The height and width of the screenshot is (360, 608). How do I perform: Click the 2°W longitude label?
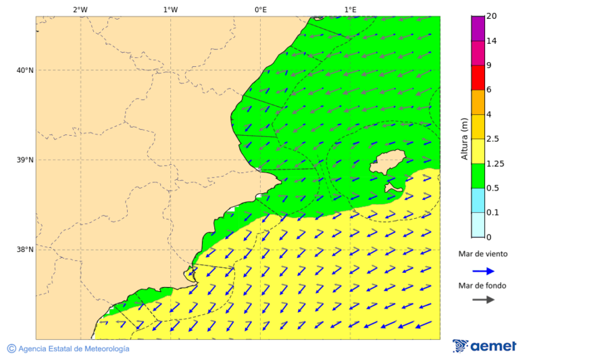(80, 9)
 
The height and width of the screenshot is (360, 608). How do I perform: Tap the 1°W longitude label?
(170, 9)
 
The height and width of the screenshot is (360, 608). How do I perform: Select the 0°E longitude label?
(260, 9)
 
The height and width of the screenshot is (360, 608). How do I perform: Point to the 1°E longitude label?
(351, 9)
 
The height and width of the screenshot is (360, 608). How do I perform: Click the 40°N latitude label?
(25, 70)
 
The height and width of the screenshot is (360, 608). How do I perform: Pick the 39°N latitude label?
(25, 160)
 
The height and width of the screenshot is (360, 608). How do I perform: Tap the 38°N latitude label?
(25, 249)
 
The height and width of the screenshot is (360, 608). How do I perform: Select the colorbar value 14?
(491, 41)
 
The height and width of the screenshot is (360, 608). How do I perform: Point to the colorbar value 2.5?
(492, 139)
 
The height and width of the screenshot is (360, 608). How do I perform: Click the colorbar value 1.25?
(495, 163)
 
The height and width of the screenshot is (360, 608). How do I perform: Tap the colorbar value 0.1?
(492, 212)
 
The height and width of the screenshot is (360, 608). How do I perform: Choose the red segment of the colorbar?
(478, 78)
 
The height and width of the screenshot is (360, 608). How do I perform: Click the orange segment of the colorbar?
(478, 102)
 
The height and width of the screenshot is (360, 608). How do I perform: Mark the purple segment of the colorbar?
(478, 28)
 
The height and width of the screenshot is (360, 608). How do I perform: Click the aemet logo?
(484, 346)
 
